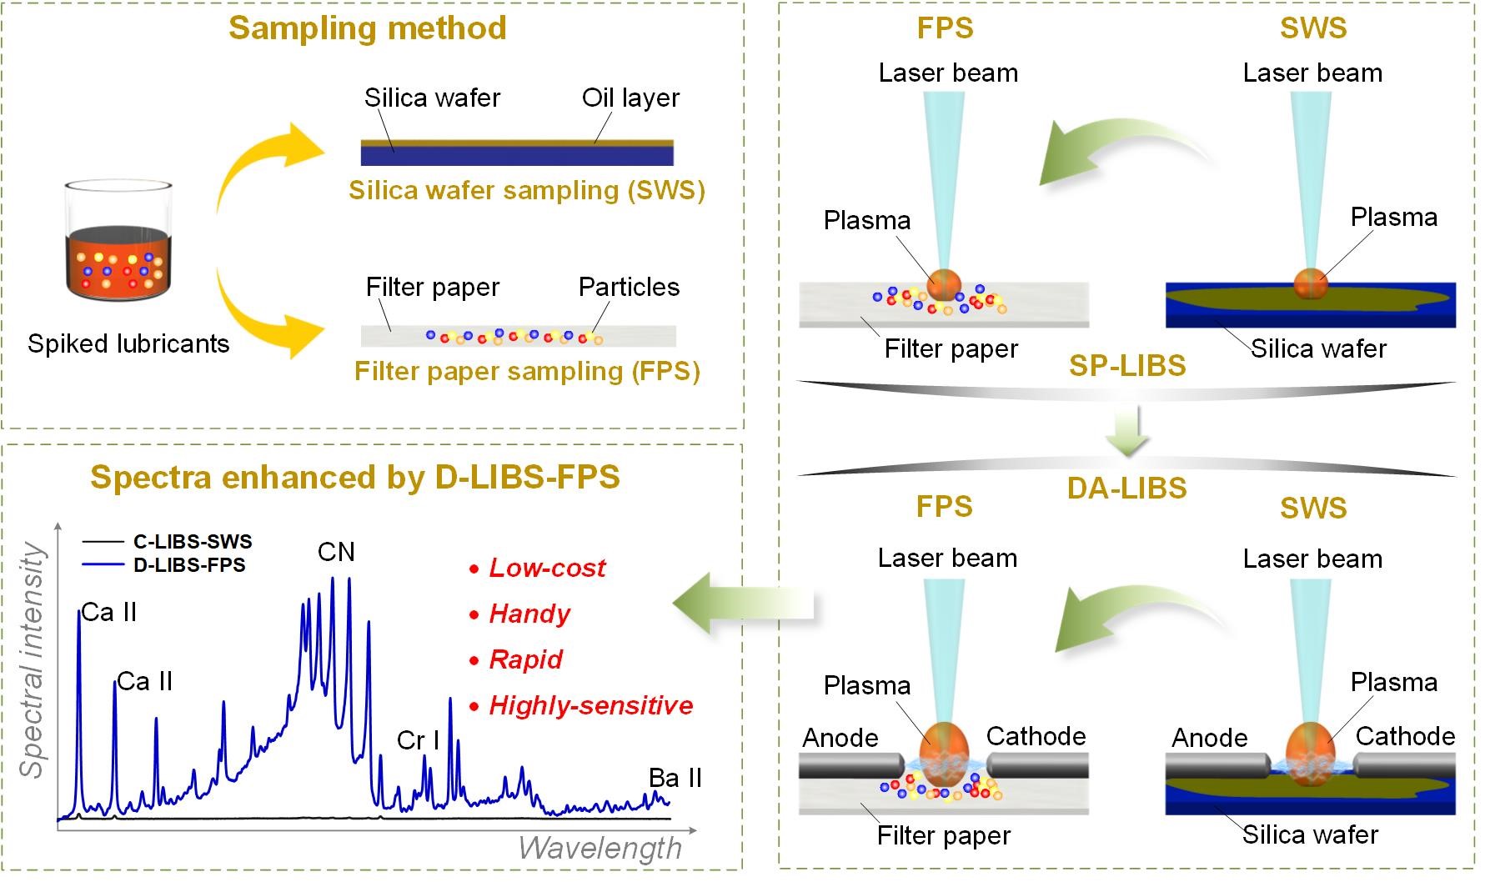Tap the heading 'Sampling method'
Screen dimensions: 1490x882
(368, 28)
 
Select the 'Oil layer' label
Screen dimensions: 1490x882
(630, 98)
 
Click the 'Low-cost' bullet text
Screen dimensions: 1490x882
(547, 568)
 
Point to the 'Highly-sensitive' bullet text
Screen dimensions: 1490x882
(591, 706)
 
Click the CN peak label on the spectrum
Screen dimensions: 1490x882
(337, 552)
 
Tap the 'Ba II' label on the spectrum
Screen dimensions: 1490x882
(675, 778)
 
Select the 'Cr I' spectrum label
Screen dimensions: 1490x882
(418, 739)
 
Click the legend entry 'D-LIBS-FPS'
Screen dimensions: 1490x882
(189, 565)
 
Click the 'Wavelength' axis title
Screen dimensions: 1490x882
(600, 848)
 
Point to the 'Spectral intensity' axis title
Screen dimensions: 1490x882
(32, 659)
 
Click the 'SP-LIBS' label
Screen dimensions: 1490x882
(1127, 366)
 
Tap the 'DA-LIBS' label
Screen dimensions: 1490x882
(1126, 488)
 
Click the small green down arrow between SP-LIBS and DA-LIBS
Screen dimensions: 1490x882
(1127, 432)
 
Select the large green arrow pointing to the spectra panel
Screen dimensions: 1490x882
(742, 603)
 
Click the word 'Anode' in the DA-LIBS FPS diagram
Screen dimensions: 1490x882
(840, 738)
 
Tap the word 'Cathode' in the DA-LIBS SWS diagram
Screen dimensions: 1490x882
(1405, 736)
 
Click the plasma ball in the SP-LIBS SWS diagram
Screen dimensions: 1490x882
(1310, 283)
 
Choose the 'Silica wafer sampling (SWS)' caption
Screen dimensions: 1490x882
(527, 190)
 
